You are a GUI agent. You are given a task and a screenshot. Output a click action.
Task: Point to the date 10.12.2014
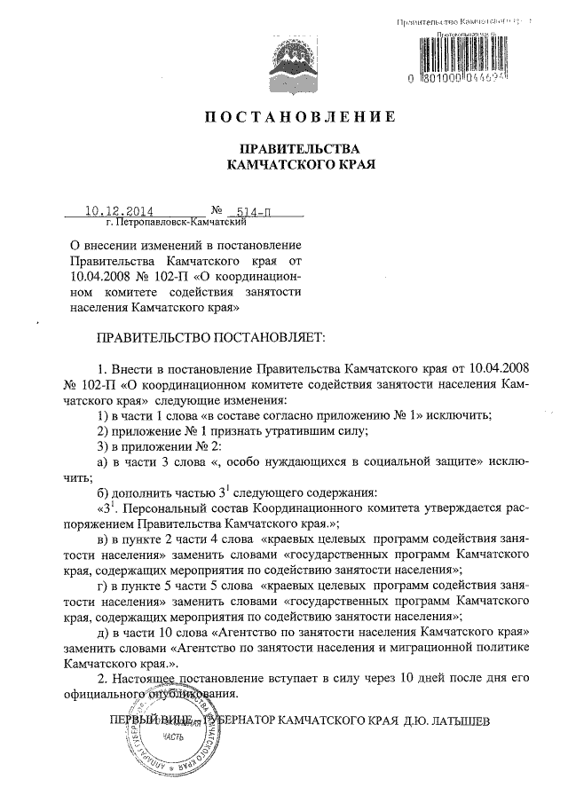pyautogui.click(x=119, y=212)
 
